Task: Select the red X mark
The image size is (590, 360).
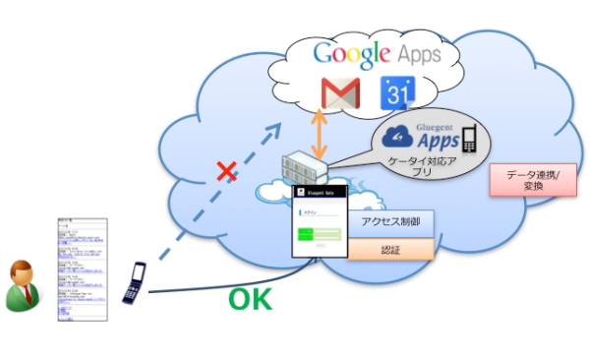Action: coord(227,174)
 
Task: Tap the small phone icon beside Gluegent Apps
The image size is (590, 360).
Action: coord(468,138)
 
